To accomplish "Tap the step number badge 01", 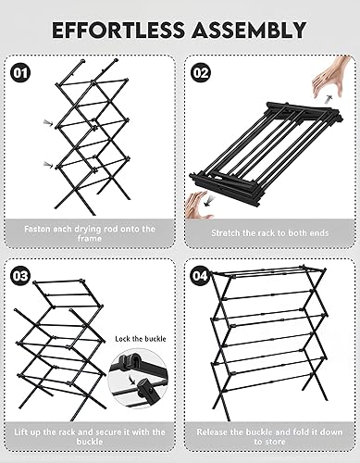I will (x=21, y=70).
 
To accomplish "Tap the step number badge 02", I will (x=201, y=70).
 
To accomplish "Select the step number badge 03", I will (x=21, y=277).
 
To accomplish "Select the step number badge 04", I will (x=201, y=277).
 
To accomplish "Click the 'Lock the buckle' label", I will (x=140, y=340).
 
